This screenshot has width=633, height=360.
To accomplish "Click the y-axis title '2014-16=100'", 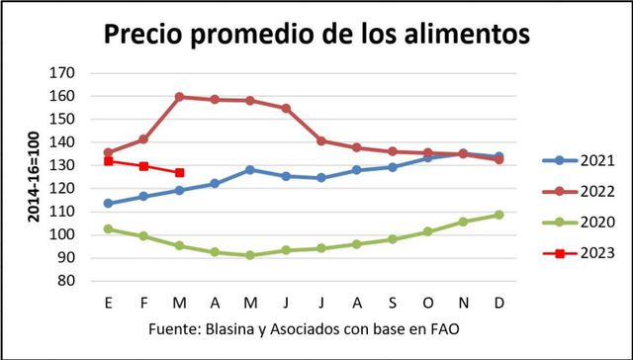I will click(33, 177).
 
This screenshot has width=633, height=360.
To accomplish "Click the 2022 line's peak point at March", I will click(179, 97).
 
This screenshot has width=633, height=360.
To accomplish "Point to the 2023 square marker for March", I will click(179, 173).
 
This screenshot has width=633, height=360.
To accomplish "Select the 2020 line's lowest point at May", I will click(250, 255).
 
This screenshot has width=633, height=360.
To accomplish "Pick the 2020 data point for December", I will click(498, 215).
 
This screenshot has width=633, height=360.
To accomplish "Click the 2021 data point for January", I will click(108, 204).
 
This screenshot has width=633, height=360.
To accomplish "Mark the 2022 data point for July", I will click(321, 140).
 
